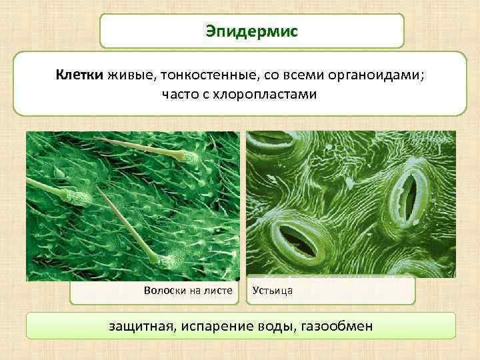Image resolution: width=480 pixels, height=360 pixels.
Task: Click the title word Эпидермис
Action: point(252,31)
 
